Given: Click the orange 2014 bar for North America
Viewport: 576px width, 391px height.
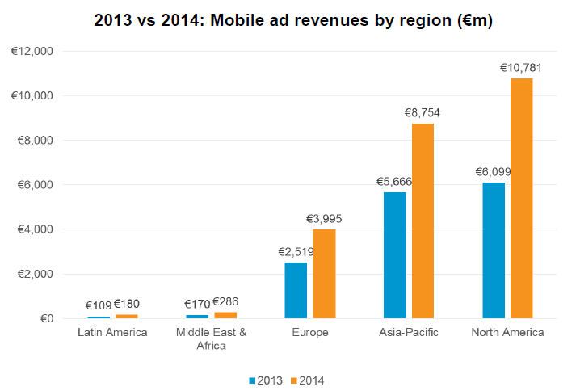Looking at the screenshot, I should click(521, 198).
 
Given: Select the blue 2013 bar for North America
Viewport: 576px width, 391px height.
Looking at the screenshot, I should click(493, 250).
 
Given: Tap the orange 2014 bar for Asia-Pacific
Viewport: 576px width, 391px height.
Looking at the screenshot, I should click(423, 221).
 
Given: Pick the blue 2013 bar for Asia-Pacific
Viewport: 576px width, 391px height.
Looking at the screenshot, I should click(394, 255).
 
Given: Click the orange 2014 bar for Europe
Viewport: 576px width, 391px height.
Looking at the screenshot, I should click(324, 274).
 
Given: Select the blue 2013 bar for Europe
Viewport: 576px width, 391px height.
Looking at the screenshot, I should click(296, 290).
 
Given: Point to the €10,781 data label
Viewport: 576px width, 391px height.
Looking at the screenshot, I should click(521, 68).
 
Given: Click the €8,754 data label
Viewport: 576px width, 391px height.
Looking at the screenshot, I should click(423, 113).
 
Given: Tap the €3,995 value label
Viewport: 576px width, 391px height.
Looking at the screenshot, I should click(324, 219).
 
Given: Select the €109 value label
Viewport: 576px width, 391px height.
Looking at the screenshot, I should click(99, 305).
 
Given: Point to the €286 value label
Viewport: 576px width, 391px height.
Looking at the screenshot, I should click(225, 303).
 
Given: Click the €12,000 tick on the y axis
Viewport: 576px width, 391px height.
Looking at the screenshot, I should click(32, 51).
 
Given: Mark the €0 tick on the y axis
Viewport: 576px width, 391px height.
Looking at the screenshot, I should click(44, 318).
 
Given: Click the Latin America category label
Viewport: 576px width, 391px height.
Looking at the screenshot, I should click(112, 333).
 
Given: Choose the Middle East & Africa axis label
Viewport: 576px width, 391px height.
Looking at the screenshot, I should click(211, 339).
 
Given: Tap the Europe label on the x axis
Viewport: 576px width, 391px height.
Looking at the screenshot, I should click(309, 333).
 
